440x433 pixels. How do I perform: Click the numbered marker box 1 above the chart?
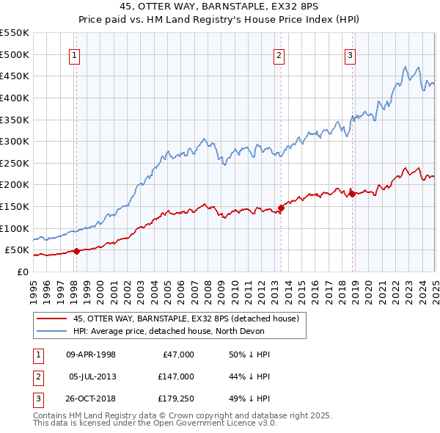tap(76, 54)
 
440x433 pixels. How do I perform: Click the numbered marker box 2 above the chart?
tap(279, 54)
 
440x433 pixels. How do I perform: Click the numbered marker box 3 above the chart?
tap(351, 54)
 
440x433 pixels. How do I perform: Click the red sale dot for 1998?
tap(76, 251)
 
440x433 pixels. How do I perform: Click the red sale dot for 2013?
tap(281, 208)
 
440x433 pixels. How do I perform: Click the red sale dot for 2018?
tap(352, 194)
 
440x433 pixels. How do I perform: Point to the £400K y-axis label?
tap(15, 98)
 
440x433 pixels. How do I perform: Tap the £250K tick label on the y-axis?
tap(15, 163)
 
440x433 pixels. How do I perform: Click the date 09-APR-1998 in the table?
tap(91, 354)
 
